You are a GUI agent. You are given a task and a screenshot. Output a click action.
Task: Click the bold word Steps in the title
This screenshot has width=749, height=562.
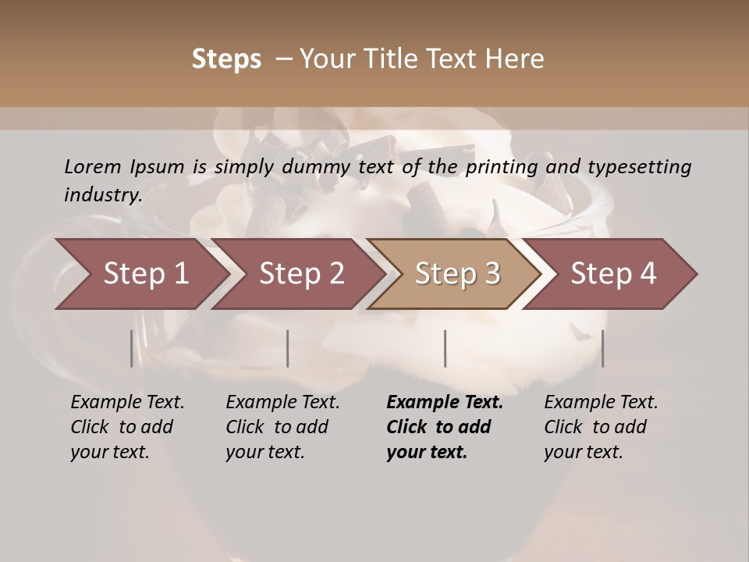tap(226, 59)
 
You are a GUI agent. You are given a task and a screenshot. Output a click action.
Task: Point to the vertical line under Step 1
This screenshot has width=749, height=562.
tap(131, 348)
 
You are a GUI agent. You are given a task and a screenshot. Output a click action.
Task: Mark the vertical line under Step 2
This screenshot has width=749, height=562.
tap(288, 348)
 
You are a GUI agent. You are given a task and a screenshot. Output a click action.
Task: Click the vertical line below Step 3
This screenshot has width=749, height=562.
tap(445, 348)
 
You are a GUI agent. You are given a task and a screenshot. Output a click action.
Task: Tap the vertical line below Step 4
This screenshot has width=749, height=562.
tap(602, 348)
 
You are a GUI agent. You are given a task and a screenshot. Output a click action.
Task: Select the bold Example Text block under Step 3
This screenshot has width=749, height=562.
tap(445, 427)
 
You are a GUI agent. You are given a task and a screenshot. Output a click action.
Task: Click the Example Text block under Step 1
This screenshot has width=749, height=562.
tap(127, 427)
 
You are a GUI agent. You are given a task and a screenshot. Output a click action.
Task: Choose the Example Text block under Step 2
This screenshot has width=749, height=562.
tap(282, 427)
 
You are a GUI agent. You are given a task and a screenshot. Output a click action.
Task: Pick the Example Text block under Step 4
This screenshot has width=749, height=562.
tap(601, 427)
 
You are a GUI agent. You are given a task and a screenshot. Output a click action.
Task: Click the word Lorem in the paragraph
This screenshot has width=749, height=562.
tap(93, 167)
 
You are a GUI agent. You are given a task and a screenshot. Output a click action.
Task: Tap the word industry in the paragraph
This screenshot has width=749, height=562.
tap(102, 195)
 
